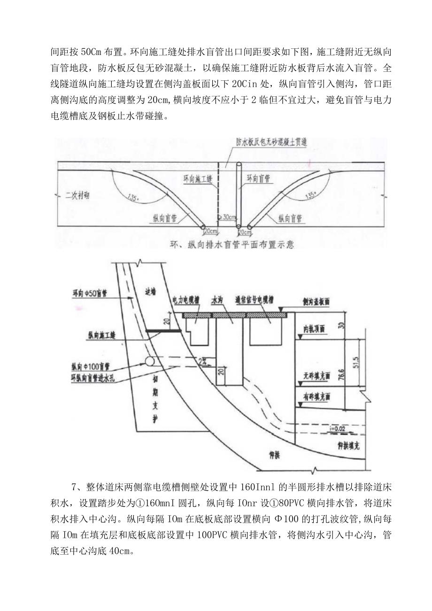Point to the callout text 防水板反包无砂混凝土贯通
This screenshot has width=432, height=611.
tap(271, 142)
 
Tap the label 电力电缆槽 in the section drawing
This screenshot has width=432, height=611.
tap(188, 297)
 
